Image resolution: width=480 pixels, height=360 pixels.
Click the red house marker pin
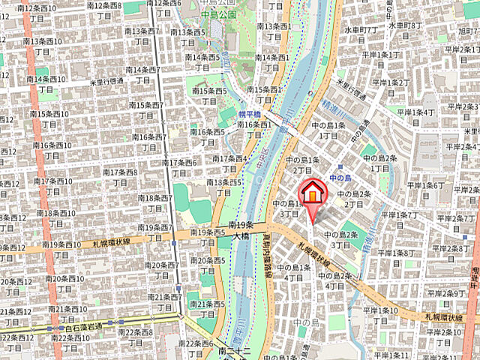pyautogui.click(x=313, y=193)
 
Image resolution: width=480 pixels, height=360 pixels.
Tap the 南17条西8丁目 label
pyautogui.click(x=119, y=177)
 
